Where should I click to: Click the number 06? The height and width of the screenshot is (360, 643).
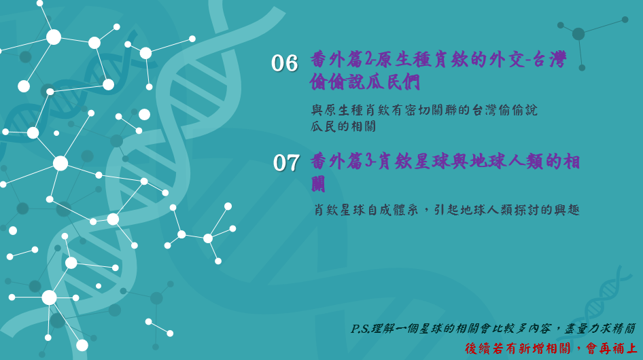tap(284, 64)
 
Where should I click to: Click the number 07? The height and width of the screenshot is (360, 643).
tap(286, 163)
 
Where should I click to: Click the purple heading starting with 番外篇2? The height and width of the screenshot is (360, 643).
tap(438, 71)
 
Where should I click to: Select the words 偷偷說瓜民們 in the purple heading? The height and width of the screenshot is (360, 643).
tap(365, 82)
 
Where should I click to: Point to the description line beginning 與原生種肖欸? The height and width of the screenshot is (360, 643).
tap(424, 110)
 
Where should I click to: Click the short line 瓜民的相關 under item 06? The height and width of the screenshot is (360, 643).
tap(343, 126)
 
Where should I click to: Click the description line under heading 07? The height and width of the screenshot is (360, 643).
tap(447, 210)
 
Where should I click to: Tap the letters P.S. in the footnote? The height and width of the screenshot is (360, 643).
tap(360, 329)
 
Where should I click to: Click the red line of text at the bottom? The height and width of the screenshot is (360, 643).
tap(551, 348)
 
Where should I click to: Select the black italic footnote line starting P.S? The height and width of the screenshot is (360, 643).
tap(493, 329)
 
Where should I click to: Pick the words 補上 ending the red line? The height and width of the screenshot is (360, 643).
tap(624, 348)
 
